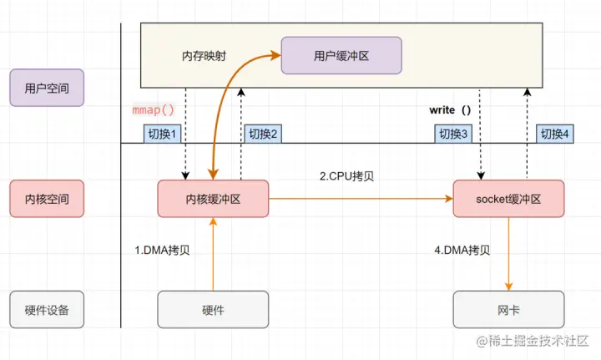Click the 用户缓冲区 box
tap(341, 56)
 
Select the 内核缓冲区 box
tap(213, 200)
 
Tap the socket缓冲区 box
tap(508, 200)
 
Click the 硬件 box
tap(213, 310)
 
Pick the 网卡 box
tap(508, 310)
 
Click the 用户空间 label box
tap(47, 88)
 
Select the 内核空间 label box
tap(47, 200)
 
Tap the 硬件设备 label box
tap(47, 310)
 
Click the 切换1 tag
tap(163, 134)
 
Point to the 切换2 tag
tap(262, 134)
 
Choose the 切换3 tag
tap(454, 134)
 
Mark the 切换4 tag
tap(554, 134)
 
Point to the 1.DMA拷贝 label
tap(162, 250)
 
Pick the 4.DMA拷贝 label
tap(462, 250)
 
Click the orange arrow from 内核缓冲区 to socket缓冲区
tap(359, 200)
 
